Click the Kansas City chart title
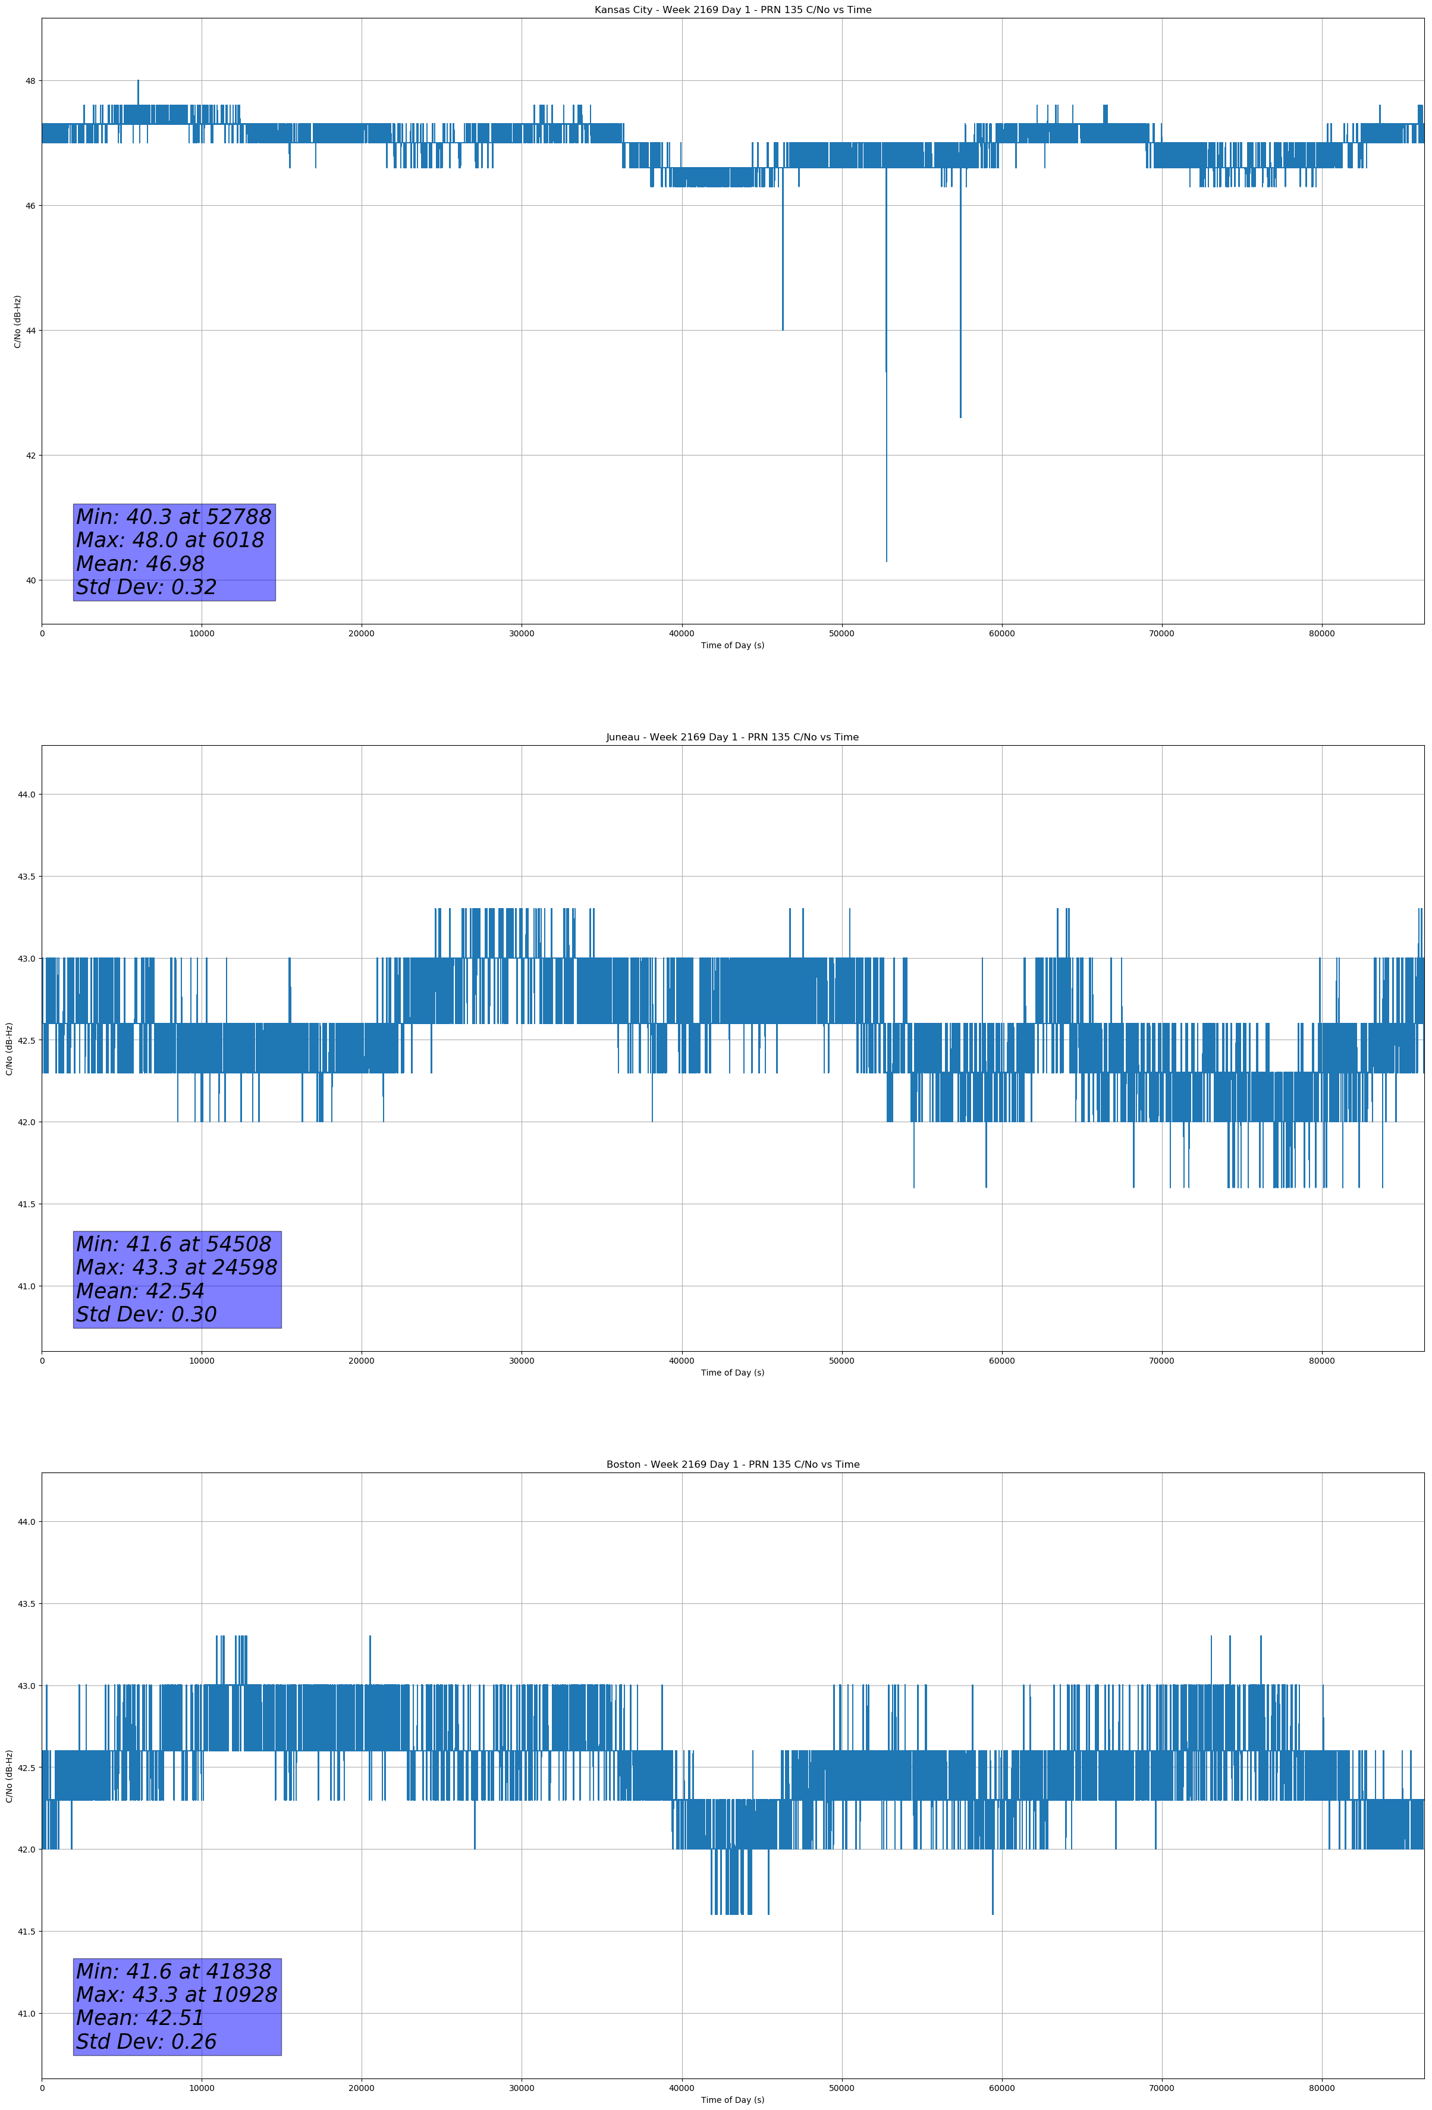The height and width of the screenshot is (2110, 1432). pyautogui.click(x=732, y=10)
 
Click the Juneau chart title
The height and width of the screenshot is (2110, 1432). pyautogui.click(x=732, y=737)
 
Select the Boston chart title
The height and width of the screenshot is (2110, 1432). pyautogui.click(x=732, y=1465)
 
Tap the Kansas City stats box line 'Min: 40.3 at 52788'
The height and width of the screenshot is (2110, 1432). pyautogui.click(x=174, y=517)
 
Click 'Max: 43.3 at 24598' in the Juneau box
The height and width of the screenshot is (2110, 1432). pyautogui.click(x=176, y=1267)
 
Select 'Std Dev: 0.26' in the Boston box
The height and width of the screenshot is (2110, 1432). pyautogui.click(x=146, y=2042)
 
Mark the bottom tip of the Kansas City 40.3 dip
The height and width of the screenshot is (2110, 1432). pyautogui.click(x=886, y=560)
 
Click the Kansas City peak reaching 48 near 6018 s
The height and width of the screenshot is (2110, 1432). pyautogui.click(x=138, y=81)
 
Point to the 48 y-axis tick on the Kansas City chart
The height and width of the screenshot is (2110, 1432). pyautogui.click(x=31, y=81)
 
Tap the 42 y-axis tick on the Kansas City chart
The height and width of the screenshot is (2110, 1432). pyautogui.click(x=31, y=455)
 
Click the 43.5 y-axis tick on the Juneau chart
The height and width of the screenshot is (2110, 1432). pyautogui.click(x=26, y=876)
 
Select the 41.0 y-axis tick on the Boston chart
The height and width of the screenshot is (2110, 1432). pyautogui.click(x=26, y=2014)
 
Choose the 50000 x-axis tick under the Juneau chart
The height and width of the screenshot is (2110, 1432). pyautogui.click(x=841, y=1361)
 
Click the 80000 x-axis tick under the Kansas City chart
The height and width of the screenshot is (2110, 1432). pyautogui.click(x=1321, y=634)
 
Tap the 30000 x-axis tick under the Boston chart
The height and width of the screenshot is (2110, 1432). pyautogui.click(x=521, y=2088)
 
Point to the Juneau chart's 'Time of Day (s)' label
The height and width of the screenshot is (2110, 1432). pyautogui.click(x=732, y=1373)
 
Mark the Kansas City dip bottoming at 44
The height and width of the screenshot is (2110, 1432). pyautogui.click(x=783, y=329)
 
